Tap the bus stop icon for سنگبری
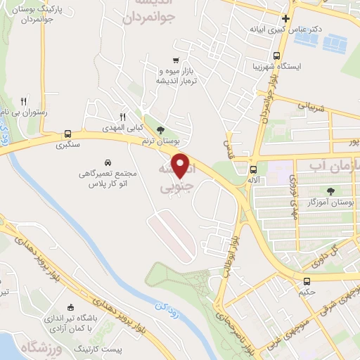point(67,133)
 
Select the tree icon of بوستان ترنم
point(161,129)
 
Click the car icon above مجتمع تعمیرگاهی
point(107,161)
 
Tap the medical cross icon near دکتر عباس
point(285,19)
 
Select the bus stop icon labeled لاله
point(253,169)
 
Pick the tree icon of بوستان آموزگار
point(330,191)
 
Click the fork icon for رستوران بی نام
point(24,101)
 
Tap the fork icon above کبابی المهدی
point(122,116)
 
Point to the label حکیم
point(306,290)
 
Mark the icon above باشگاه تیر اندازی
point(70,307)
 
